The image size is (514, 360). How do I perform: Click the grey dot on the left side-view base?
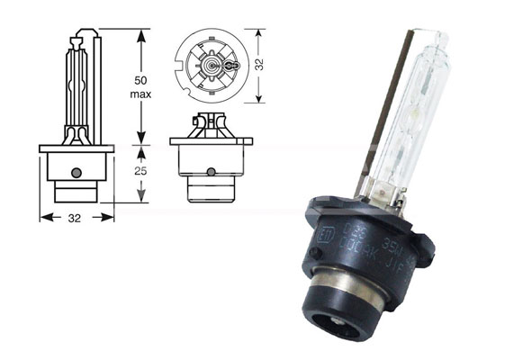(77, 172)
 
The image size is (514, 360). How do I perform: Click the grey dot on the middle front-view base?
(210, 172)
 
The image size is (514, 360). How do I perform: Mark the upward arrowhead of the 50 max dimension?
(140, 33)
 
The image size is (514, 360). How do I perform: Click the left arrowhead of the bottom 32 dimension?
(43, 217)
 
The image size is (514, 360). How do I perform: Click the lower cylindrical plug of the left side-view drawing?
(77, 192)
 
